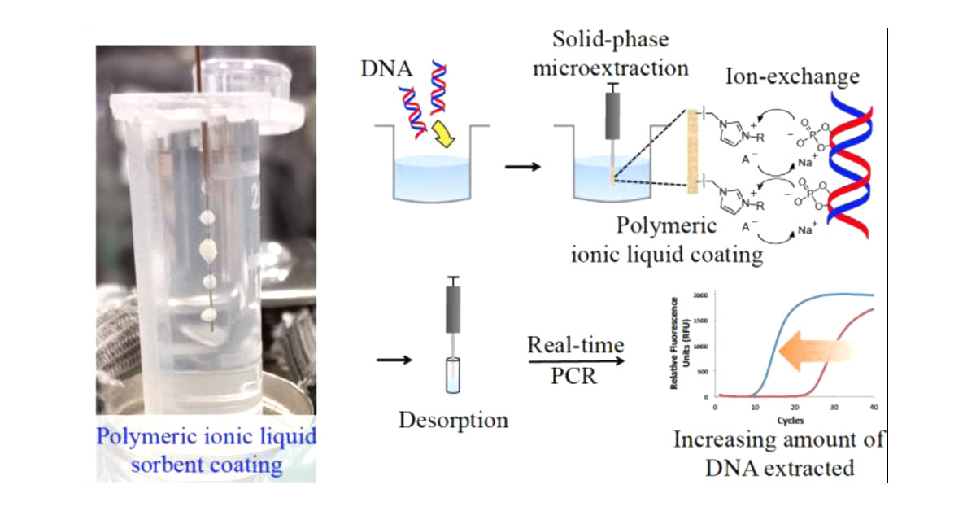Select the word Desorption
click(x=453, y=420)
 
